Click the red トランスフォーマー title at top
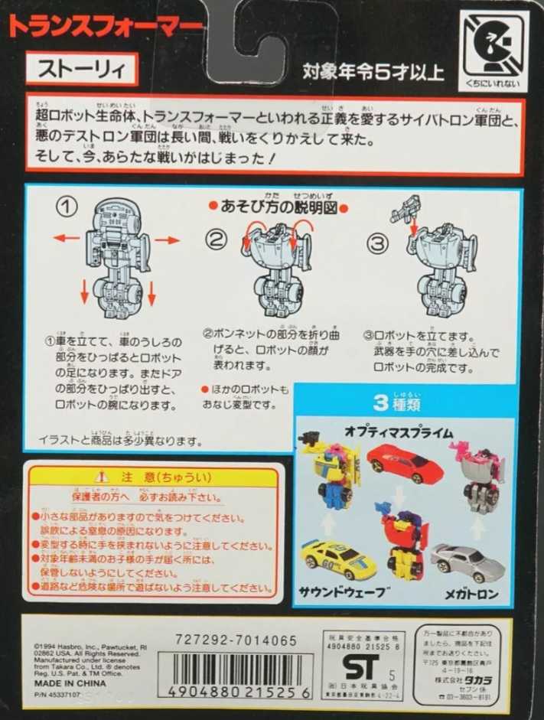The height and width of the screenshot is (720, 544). pyautogui.click(x=107, y=25)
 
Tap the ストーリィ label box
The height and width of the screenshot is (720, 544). pyautogui.click(x=82, y=70)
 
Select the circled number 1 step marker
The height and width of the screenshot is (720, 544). pyautogui.click(x=70, y=207)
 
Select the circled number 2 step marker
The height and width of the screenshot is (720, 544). pyautogui.click(x=217, y=241)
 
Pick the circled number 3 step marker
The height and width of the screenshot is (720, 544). pyautogui.click(x=378, y=243)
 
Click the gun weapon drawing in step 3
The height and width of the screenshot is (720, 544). pyautogui.click(x=405, y=209)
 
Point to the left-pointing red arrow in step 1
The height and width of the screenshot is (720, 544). pyautogui.click(x=66, y=238)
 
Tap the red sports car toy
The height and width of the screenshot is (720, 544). pyautogui.click(x=406, y=461)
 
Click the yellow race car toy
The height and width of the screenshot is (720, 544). pyautogui.click(x=339, y=559)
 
